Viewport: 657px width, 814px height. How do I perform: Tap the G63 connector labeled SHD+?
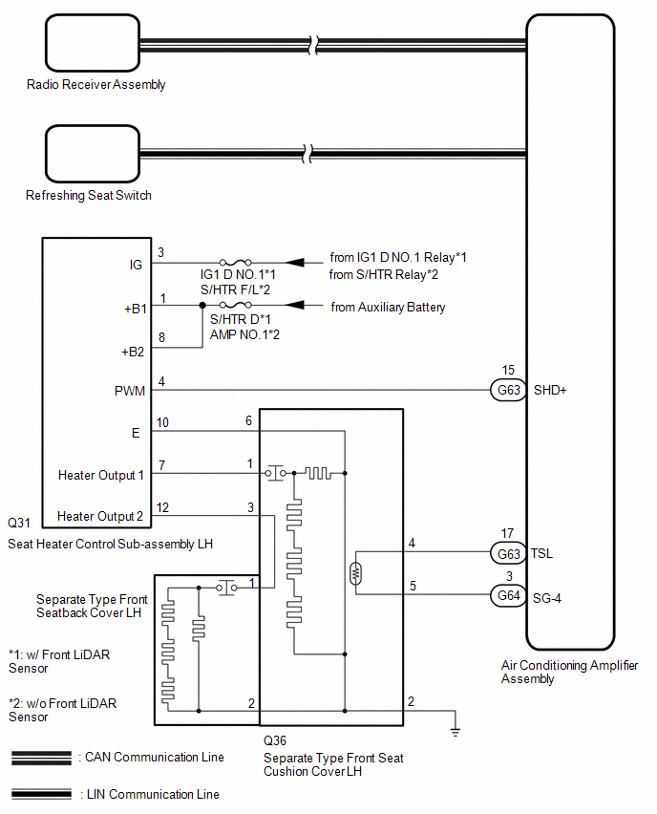coord(508,390)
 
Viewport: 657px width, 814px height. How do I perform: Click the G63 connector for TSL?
coord(508,554)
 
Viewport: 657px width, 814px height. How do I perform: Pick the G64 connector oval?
coord(508,595)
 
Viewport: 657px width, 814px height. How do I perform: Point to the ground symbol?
coord(456,732)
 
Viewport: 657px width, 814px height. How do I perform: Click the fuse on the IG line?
coord(235,263)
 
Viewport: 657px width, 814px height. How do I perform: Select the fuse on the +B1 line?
coord(235,305)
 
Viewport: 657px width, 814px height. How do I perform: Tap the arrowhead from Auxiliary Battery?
coord(295,305)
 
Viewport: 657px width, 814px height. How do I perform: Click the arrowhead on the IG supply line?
coord(295,263)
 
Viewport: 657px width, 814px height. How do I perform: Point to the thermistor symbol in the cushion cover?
coord(355,573)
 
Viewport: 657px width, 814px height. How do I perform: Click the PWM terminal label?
coord(130,391)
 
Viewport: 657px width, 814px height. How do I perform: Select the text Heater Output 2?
coord(100,517)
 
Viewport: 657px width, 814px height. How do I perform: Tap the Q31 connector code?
coord(19,523)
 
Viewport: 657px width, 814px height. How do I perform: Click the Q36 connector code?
coord(274,740)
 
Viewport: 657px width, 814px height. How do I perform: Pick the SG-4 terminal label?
coord(547,599)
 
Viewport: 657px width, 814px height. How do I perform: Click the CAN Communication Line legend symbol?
coord(41,758)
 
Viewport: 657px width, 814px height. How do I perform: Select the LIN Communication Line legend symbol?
coord(41,794)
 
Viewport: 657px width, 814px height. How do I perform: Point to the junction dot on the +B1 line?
coord(202,306)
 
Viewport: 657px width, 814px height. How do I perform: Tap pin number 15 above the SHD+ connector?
coord(508,370)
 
